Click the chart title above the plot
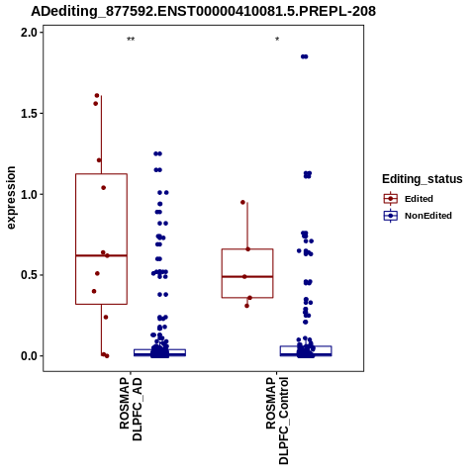pyautogui.click(x=203, y=12)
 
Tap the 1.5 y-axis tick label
pyautogui.click(x=28, y=114)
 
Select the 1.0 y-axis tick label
pyautogui.click(x=28, y=194)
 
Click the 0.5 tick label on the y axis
pyautogui.click(x=28, y=275)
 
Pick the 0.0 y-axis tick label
pyautogui.click(x=28, y=356)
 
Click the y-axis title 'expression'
pyautogui.click(x=11, y=198)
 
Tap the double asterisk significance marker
pyautogui.click(x=131, y=40)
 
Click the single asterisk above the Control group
pyautogui.click(x=277, y=40)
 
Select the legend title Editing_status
pyautogui.click(x=423, y=179)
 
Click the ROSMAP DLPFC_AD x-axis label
pyautogui.click(x=131, y=409)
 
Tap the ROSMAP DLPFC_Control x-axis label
pyautogui.click(x=277, y=421)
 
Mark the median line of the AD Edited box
pyautogui.click(x=101, y=255)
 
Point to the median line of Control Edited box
pyautogui.click(x=247, y=277)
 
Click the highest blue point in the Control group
pyautogui.click(x=304, y=56)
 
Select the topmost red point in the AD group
pyautogui.click(x=97, y=96)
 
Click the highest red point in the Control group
pyautogui.click(x=242, y=202)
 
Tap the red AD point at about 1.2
pyautogui.click(x=99, y=160)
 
